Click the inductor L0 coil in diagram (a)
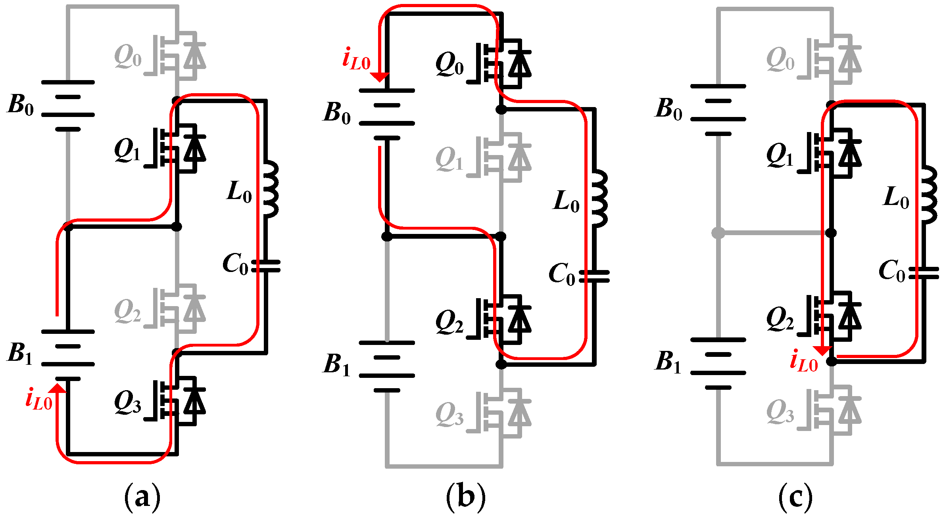tap(271, 190)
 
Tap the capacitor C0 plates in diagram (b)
tap(594, 276)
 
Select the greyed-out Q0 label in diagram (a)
tap(127, 57)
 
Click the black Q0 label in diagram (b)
tap(449, 65)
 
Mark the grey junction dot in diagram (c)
tap(718, 233)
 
